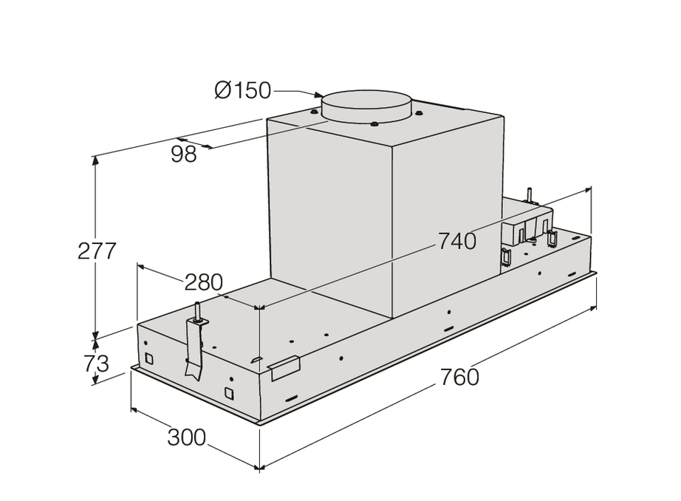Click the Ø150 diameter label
pos(242,90)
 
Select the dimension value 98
pos(184,154)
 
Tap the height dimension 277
pos(97,250)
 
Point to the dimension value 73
pos(97,364)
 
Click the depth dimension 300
pos(187,437)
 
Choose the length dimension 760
pos(459,377)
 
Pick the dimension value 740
pos(457,241)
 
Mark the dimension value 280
pos(204,282)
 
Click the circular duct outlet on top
pos(366,107)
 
